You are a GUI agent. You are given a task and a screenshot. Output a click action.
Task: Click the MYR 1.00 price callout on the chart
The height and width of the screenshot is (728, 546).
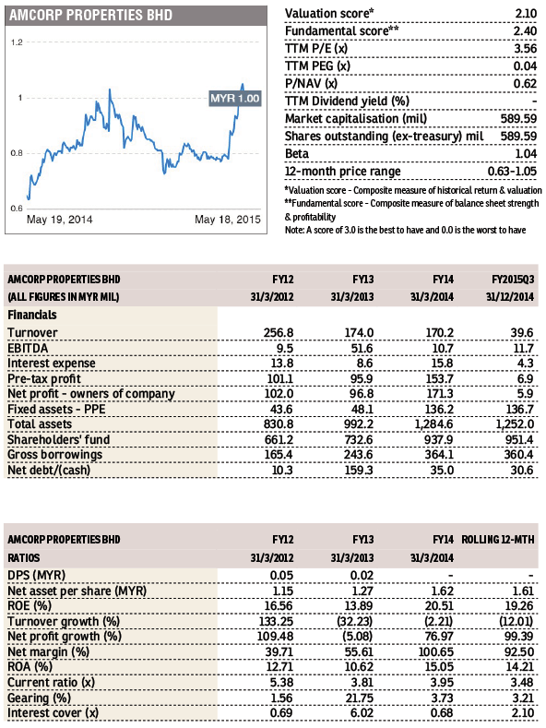pyautogui.click(x=235, y=99)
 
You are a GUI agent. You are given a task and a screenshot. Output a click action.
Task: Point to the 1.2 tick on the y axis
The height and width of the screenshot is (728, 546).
pyautogui.click(x=17, y=42)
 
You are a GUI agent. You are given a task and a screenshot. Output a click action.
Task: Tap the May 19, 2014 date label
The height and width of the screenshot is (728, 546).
pyautogui.click(x=59, y=220)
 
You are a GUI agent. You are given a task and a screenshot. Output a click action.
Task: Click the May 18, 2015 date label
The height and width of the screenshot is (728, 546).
pyautogui.click(x=228, y=220)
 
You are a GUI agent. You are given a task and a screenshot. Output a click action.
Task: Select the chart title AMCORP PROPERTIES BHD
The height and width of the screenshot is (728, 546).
pyautogui.click(x=90, y=16)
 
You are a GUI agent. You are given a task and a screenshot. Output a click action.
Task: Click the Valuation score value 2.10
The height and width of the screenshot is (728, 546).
pyautogui.click(x=526, y=14)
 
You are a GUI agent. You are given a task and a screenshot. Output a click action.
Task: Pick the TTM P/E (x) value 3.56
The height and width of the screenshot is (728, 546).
pyautogui.click(x=526, y=49)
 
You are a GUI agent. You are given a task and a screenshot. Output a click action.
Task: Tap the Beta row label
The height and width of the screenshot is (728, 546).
pyautogui.click(x=297, y=154)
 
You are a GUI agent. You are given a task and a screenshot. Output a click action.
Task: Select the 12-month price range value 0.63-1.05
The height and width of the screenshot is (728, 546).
pyautogui.click(x=512, y=172)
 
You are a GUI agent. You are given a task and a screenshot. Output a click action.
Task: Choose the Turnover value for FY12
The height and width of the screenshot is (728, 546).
pyautogui.click(x=279, y=333)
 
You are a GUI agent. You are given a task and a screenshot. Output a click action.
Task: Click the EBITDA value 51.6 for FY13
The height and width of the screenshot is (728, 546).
pyautogui.click(x=362, y=348)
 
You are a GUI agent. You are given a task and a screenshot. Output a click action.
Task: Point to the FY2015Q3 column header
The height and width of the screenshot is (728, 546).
pyautogui.click(x=513, y=280)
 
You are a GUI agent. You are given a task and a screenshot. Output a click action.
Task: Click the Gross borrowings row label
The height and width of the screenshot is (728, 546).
pyautogui.click(x=54, y=455)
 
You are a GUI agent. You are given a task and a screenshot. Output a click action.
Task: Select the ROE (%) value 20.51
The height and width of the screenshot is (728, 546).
pyautogui.click(x=439, y=606)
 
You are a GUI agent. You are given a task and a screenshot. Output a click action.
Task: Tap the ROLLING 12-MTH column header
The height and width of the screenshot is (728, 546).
pyautogui.click(x=498, y=540)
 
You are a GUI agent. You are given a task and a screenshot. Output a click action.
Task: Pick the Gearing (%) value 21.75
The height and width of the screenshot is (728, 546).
pyautogui.click(x=359, y=698)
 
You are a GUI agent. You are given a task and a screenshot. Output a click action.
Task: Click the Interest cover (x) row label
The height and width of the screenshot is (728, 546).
pyautogui.click(x=53, y=713)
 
